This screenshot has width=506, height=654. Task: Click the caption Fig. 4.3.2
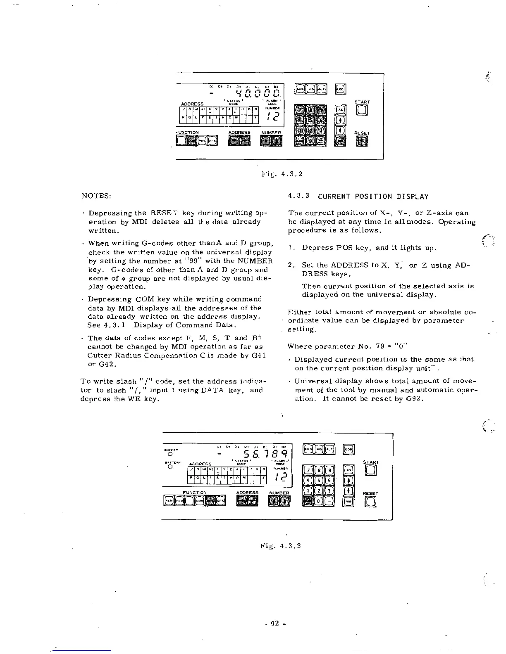pos(282,174)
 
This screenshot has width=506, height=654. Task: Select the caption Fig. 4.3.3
pos(280,546)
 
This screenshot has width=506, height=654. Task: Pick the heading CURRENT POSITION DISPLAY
pos(373,197)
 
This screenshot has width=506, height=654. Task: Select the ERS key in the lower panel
pos(308,449)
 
